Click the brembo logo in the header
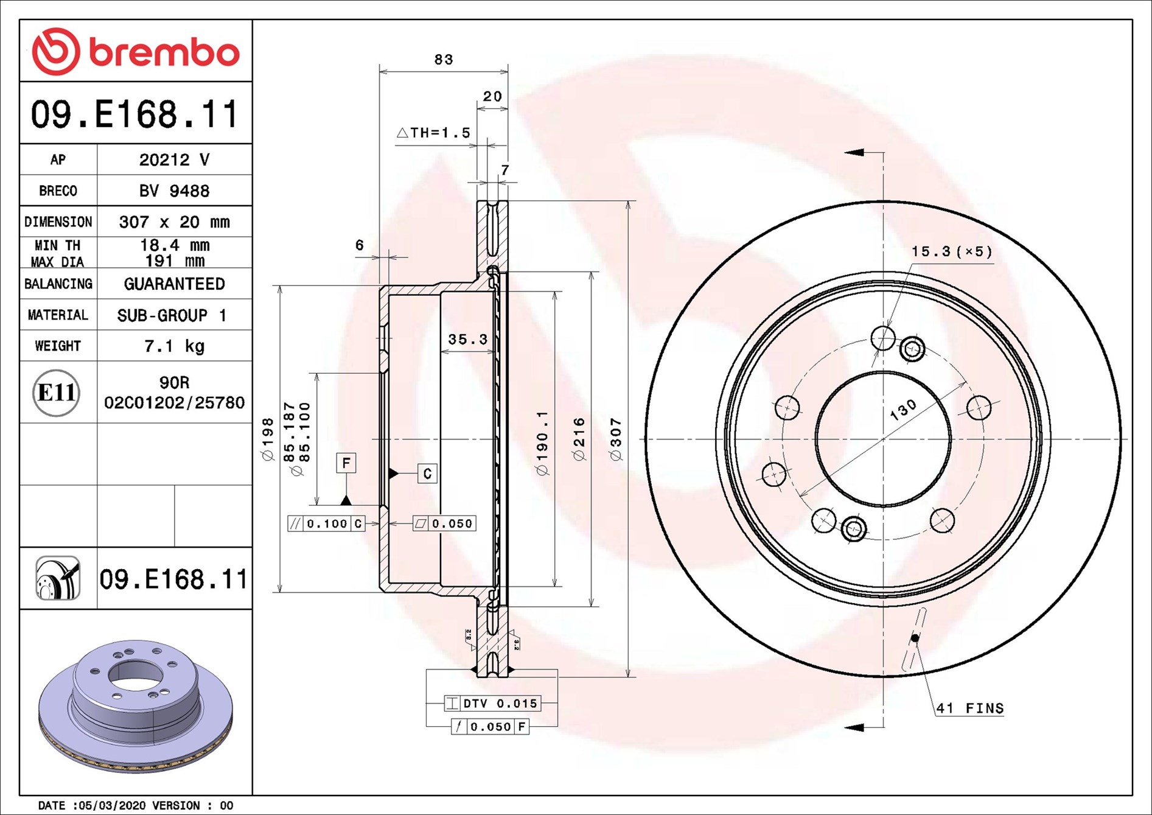point(135,51)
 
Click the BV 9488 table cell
point(174,191)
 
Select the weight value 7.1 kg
point(174,346)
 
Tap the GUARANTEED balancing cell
point(174,284)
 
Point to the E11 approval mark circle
point(56,393)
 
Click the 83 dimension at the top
point(444,59)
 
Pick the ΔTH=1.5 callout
point(433,132)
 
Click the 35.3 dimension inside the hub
point(467,339)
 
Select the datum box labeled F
point(346,463)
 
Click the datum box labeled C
point(427,474)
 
